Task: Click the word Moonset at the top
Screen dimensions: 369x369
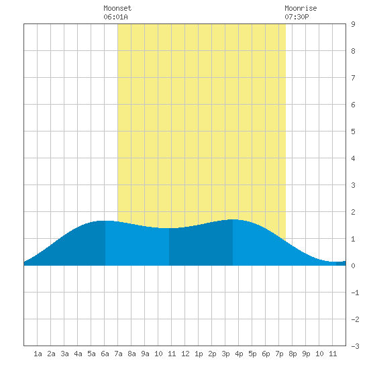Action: [x=117, y=8]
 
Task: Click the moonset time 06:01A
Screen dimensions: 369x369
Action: [x=115, y=17]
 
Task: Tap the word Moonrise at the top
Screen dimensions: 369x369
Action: [x=301, y=8]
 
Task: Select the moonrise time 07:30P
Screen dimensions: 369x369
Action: [x=297, y=17]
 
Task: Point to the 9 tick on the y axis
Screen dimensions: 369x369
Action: [x=353, y=24]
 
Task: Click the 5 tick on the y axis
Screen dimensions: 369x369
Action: [x=353, y=131]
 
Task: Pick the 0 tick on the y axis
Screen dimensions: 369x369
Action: [x=353, y=266]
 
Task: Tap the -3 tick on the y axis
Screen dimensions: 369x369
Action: [x=355, y=346]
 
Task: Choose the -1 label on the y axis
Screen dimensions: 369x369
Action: [x=355, y=293]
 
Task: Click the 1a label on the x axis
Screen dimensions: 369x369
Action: [x=38, y=354]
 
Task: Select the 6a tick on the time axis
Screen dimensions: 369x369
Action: [x=105, y=354]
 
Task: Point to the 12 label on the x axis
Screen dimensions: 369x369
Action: [x=185, y=354]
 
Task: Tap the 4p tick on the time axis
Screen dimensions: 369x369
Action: [x=239, y=354]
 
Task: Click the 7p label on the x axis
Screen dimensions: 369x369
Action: [x=279, y=354]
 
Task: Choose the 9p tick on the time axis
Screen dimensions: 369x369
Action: [x=306, y=354]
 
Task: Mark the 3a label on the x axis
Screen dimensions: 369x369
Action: [x=64, y=354]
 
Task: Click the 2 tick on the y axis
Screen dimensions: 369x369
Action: [x=353, y=212]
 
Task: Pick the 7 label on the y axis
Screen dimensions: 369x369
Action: [x=353, y=78]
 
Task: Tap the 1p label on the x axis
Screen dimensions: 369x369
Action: [x=199, y=354]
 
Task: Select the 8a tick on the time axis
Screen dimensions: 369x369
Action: [x=131, y=354]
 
